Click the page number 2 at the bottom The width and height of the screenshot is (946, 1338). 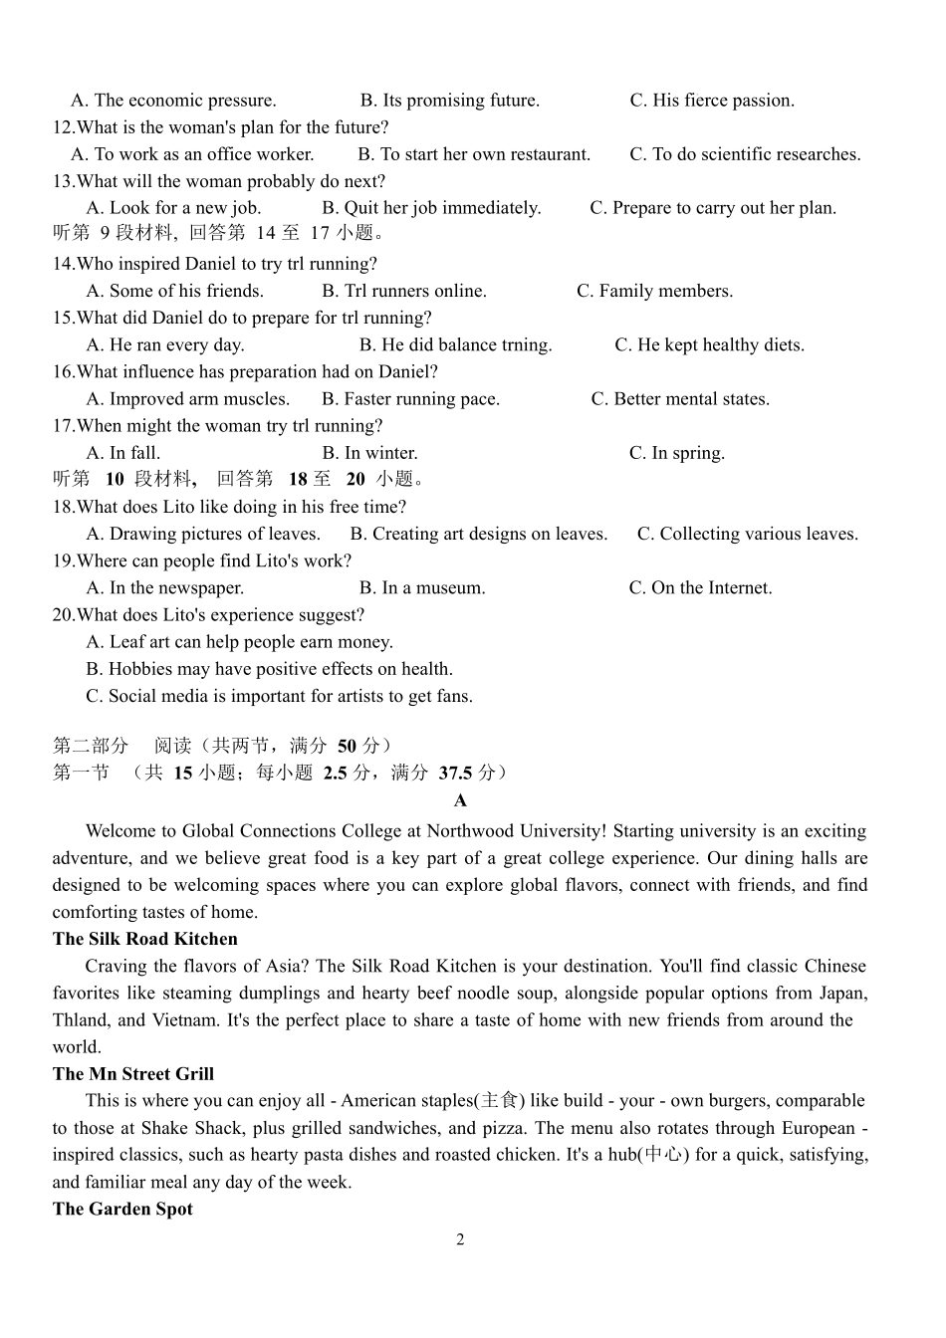pos(460,1239)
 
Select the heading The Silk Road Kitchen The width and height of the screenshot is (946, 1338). pos(145,939)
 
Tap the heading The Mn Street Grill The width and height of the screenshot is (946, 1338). pos(133,1074)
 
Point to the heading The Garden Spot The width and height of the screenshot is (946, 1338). pos(122,1209)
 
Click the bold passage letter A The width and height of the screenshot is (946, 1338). pos(460,800)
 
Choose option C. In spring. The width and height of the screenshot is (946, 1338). pos(676,453)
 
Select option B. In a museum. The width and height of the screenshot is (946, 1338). pos(422,588)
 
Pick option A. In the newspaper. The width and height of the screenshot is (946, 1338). pos(164,588)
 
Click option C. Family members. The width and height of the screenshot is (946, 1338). pos(654,291)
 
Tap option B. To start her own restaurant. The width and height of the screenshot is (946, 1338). pos(474,154)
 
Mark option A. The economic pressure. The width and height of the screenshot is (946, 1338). pos(173,101)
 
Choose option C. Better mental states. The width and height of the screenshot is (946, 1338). pos(680,399)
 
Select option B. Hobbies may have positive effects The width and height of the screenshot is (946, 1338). pos(269,669)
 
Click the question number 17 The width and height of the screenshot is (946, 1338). pos(63,426)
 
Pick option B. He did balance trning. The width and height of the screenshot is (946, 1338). pos(455,345)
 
